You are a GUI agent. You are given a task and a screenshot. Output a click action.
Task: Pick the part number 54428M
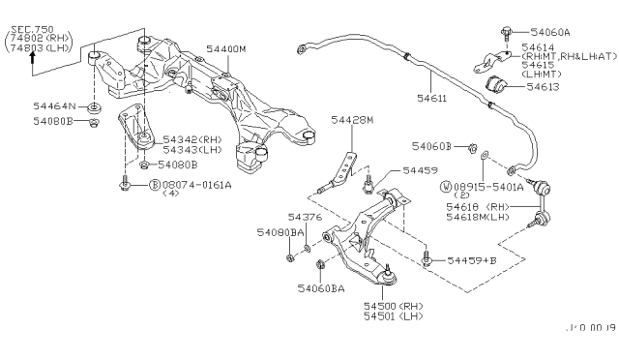351,120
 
